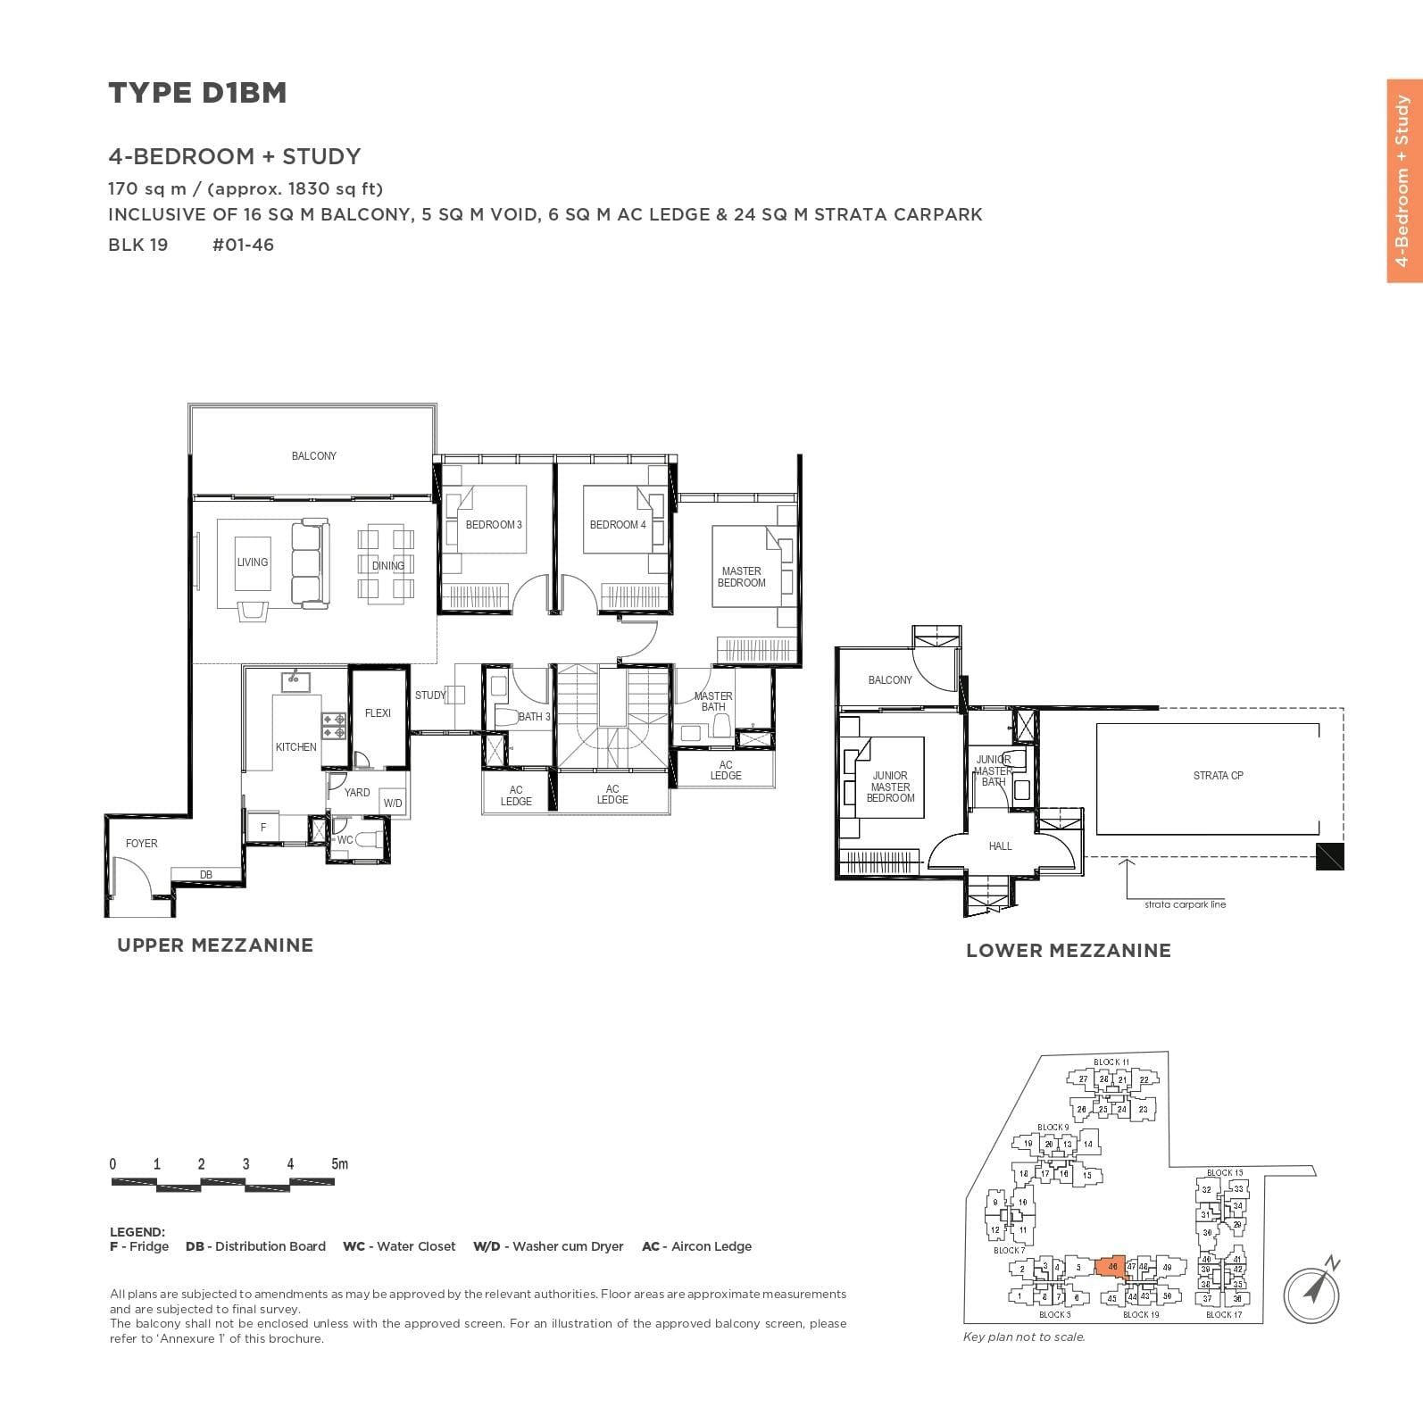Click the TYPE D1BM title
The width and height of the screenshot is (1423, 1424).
[197, 93]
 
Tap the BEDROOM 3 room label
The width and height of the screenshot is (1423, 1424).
[494, 525]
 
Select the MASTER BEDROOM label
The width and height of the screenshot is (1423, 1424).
[741, 577]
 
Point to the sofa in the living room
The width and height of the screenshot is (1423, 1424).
[310, 562]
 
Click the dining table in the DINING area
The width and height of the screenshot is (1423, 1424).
[387, 564]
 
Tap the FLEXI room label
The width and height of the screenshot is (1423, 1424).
[378, 713]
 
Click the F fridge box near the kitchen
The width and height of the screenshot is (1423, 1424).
[263, 828]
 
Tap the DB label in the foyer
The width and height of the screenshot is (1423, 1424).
[206, 875]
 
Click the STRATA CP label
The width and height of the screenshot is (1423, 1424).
[1218, 776]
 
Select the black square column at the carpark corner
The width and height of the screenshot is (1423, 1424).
[1330, 857]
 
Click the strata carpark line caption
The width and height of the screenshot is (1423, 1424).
[1185, 904]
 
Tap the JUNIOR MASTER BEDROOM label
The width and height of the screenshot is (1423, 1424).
[890, 787]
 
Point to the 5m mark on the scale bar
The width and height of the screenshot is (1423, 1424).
[339, 1164]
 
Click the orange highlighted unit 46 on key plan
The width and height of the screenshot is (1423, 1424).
[1111, 1267]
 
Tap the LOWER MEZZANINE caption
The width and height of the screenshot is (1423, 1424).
[1068, 951]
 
